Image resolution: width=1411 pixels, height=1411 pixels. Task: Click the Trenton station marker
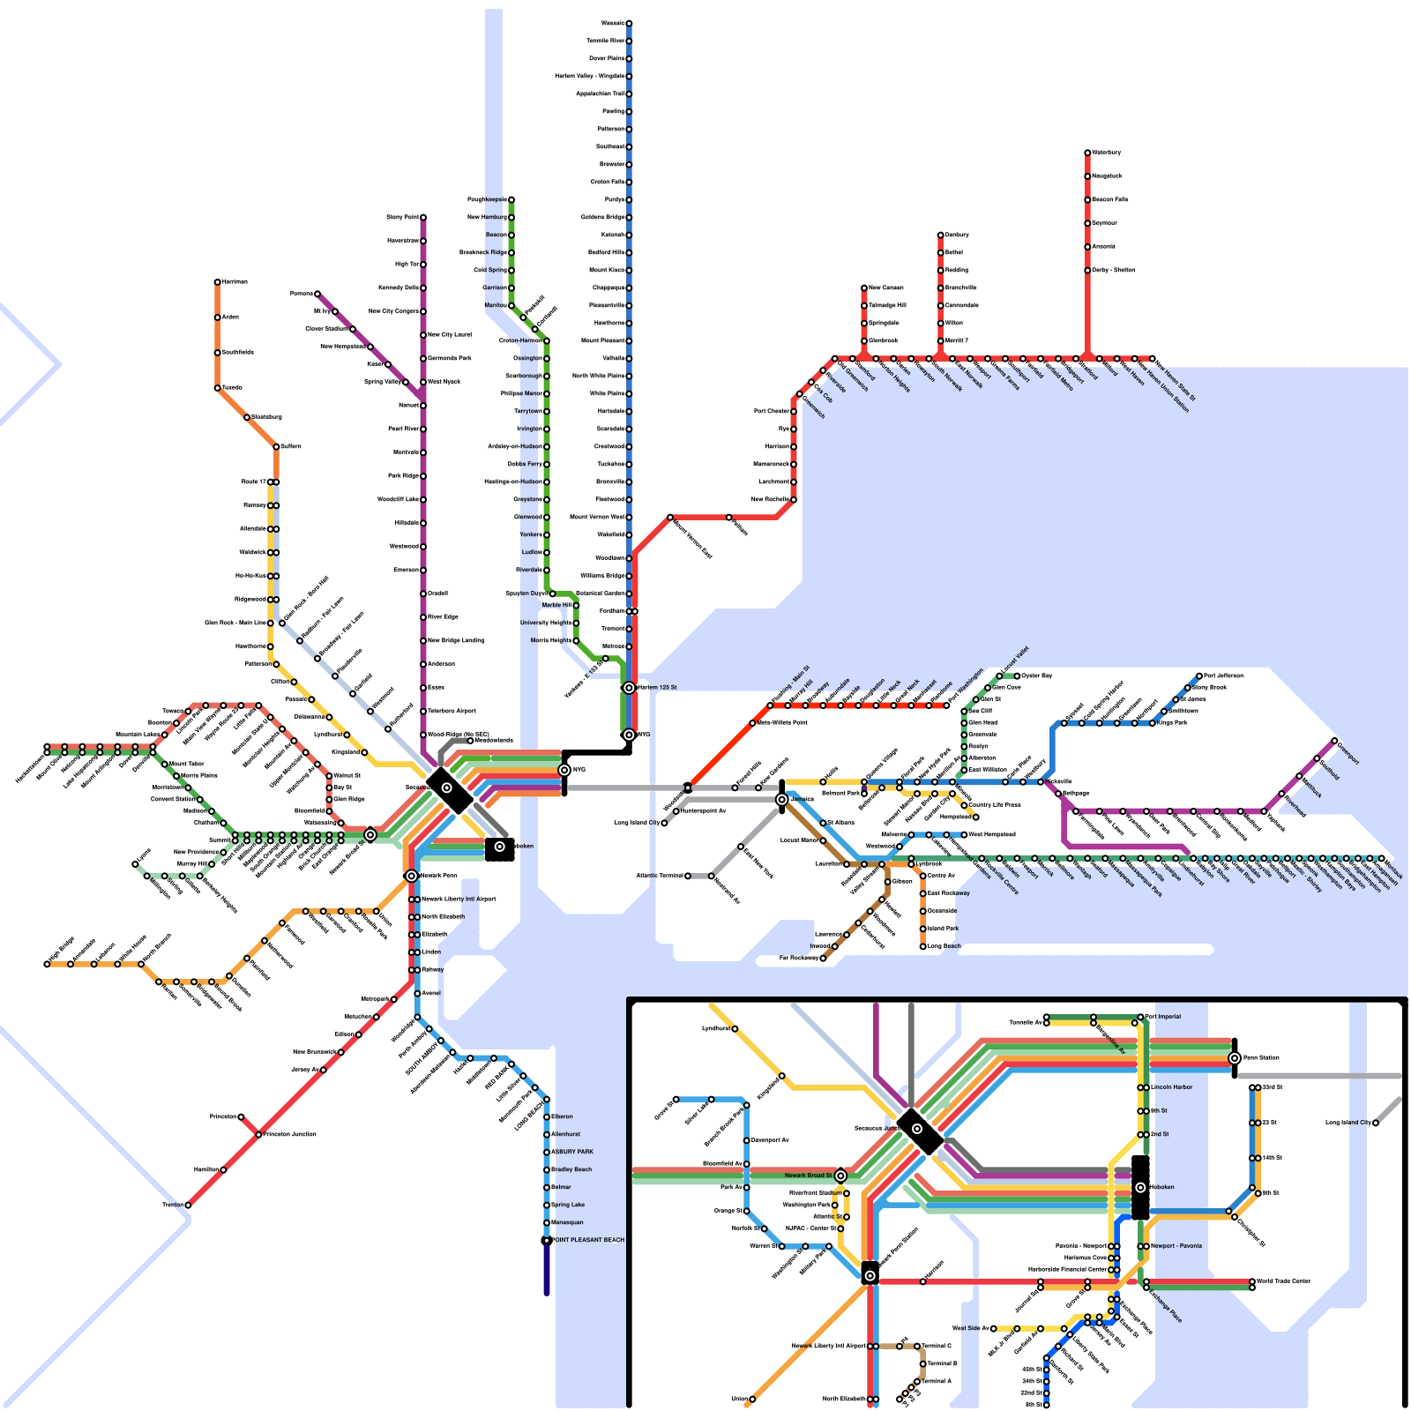(188, 1205)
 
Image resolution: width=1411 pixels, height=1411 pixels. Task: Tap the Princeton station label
(223, 1116)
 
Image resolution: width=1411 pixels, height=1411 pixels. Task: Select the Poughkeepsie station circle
(511, 199)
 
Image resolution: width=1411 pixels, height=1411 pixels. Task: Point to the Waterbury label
(1107, 153)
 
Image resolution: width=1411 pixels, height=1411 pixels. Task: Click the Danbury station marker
(941, 235)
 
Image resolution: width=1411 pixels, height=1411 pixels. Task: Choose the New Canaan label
(885, 287)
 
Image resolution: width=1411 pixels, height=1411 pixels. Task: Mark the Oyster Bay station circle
(1017, 676)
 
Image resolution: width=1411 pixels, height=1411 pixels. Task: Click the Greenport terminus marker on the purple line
(1334, 741)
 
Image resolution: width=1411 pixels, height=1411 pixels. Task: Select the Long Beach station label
(944, 946)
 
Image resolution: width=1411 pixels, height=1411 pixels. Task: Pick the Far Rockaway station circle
(823, 958)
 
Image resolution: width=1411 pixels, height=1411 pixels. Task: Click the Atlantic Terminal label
(659, 876)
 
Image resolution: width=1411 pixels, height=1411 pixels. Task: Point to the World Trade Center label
(1283, 1280)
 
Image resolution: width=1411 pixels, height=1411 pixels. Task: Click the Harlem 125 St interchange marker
(629, 687)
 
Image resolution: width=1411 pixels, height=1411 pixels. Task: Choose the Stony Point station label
(402, 217)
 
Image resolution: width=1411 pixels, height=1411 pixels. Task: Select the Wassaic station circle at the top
(629, 23)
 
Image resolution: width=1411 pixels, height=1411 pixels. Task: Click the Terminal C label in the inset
(937, 1346)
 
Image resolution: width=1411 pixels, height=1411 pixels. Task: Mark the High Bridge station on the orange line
(48, 964)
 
